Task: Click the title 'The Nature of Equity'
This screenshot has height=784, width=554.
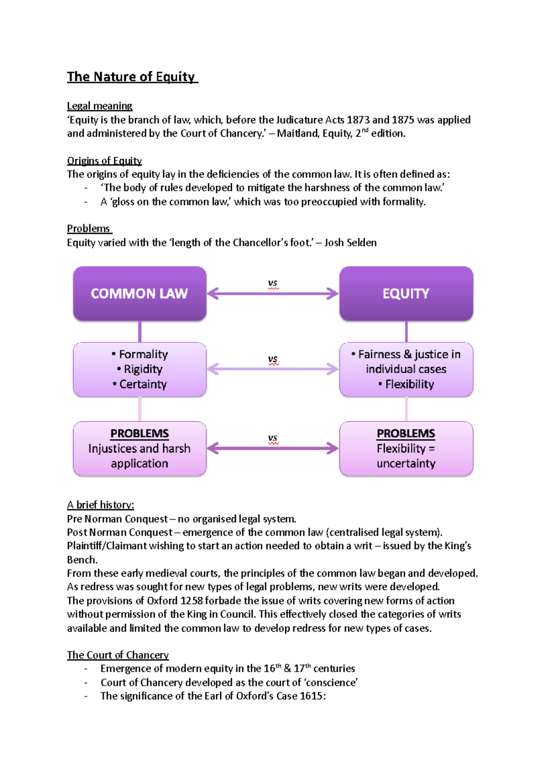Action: pos(132,77)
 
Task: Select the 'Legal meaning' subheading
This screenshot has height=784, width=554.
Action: pos(100,106)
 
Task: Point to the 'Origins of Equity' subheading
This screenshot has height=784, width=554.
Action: pos(104,161)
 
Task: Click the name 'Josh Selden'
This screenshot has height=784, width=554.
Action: pos(350,243)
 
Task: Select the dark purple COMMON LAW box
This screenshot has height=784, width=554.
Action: pos(139,294)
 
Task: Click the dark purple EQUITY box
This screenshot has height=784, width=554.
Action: pos(406,294)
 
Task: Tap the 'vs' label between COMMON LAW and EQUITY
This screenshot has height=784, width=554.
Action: pos(273,283)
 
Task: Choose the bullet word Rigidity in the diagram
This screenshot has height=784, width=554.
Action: pos(143,369)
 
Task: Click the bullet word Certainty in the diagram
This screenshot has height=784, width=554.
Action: pos(143,385)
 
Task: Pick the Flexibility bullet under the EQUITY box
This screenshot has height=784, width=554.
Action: pos(409,385)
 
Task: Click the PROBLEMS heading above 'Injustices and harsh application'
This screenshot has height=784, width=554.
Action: pos(139,434)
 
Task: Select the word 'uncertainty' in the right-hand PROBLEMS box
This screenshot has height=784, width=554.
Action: pos(406,464)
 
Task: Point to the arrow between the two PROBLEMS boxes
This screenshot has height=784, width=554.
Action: pos(273,448)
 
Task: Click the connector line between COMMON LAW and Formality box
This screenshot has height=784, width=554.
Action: pos(139,332)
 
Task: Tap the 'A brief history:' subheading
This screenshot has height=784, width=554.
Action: pos(101,505)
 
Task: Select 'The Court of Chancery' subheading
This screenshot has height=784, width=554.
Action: pos(118,655)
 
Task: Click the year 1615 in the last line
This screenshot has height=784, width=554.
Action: pos(311,696)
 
